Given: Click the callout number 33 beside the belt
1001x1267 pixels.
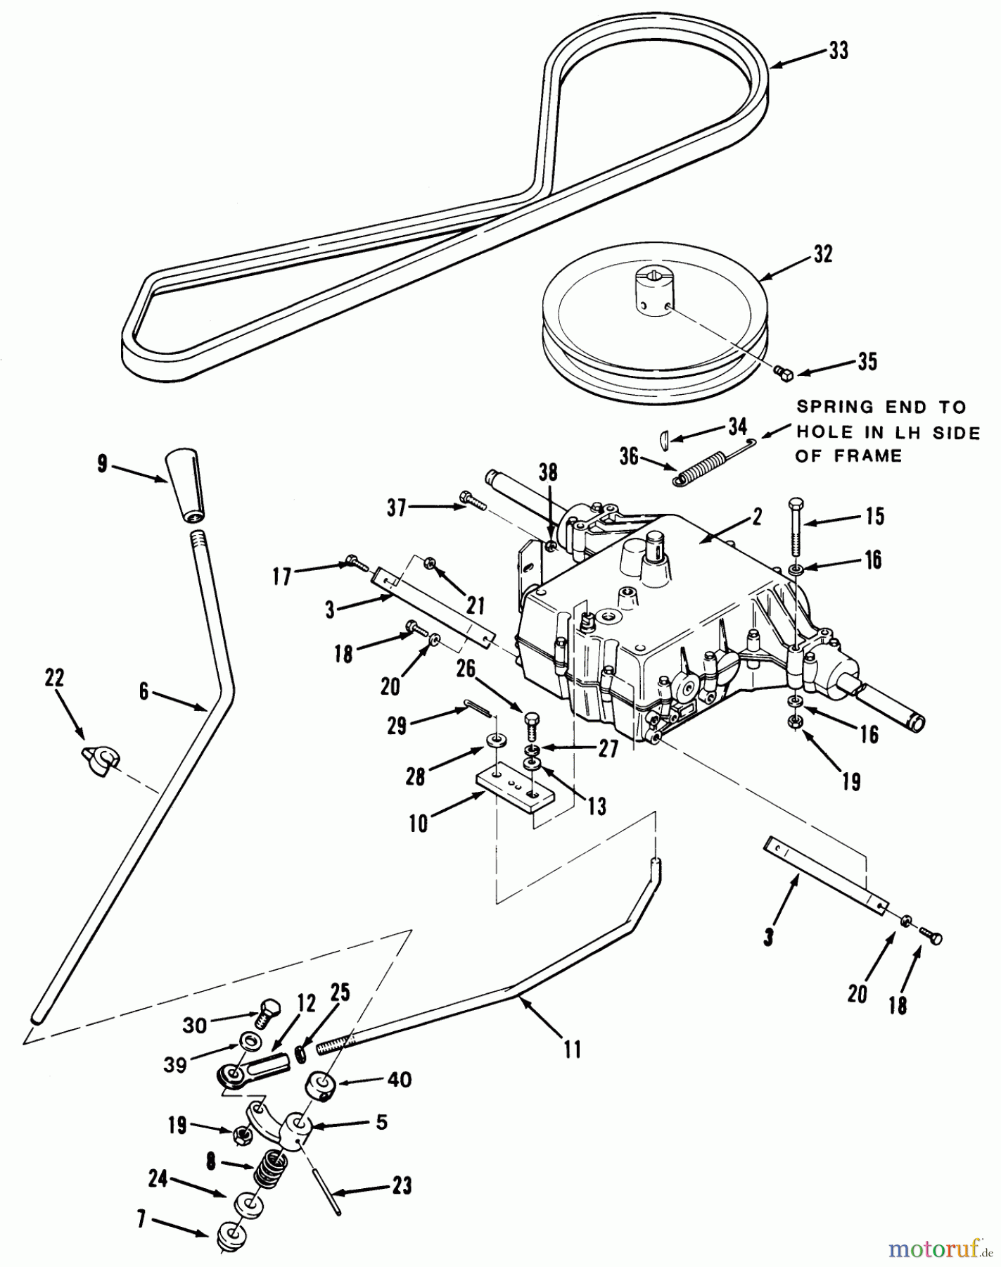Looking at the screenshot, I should pos(839,51).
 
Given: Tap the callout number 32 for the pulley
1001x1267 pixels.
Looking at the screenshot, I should pos(822,253).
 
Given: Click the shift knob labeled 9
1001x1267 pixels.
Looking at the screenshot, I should pos(186,486).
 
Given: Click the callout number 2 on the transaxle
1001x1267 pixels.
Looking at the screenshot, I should pos(756,518).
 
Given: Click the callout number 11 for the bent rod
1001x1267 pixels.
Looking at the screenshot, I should pos(573,1049).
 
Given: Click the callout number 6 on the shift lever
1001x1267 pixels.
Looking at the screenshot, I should pos(144,692).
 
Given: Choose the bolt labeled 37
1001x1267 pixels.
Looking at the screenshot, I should pos(471,501).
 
